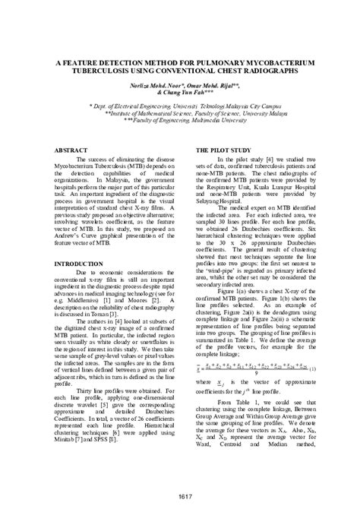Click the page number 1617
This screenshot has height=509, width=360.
point(179,496)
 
